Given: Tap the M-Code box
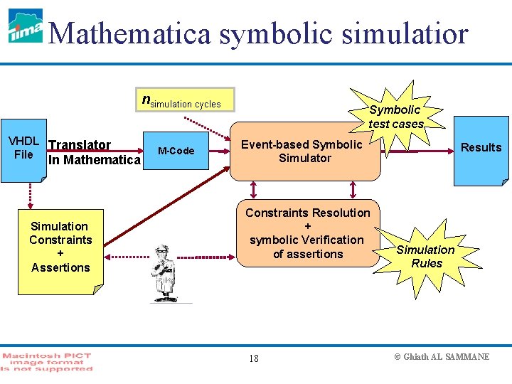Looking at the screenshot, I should coord(176,151).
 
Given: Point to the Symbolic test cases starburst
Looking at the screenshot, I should coord(395,116).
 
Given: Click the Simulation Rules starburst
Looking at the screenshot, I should coord(425,256).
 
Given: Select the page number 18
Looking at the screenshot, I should coord(254,358).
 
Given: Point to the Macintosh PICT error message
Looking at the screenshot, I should coord(47,361).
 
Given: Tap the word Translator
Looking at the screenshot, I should coord(80,145).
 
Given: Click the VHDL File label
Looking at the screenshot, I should coord(23,148).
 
